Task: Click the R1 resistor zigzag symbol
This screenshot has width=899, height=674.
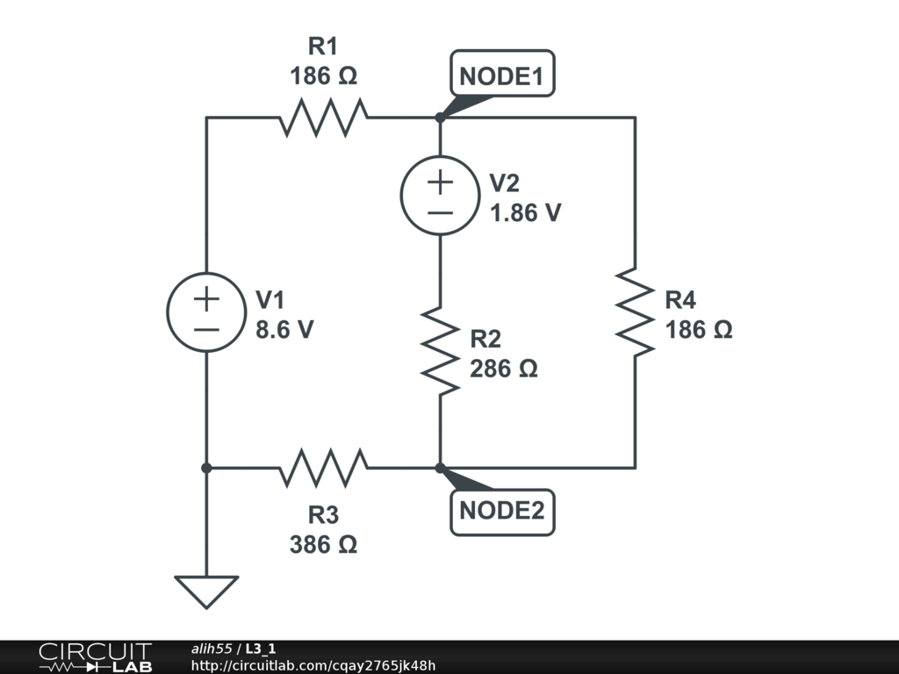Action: point(324,118)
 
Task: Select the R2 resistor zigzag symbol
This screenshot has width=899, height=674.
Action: point(440,350)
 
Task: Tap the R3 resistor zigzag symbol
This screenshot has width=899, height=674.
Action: point(324,468)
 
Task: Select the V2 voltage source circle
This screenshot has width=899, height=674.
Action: point(440,196)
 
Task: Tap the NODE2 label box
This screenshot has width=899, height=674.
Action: point(502,511)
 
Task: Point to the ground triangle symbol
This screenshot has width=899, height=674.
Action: point(206,591)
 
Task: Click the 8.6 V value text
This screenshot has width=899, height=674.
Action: point(284,331)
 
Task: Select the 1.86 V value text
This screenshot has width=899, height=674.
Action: point(525,213)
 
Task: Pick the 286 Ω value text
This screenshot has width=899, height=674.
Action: point(503,369)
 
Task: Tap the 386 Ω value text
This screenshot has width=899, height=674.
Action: point(323,544)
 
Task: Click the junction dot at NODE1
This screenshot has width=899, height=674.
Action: point(440,118)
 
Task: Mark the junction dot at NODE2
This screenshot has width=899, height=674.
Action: point(440,468)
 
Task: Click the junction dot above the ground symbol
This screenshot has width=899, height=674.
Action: point(206,468)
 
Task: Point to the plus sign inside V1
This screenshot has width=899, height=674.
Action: point(206,299)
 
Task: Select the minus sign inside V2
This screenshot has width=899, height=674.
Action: point(440,212)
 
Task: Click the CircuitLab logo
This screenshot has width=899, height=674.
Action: point(95,657)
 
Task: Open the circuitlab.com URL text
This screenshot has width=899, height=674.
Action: point(313,664)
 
